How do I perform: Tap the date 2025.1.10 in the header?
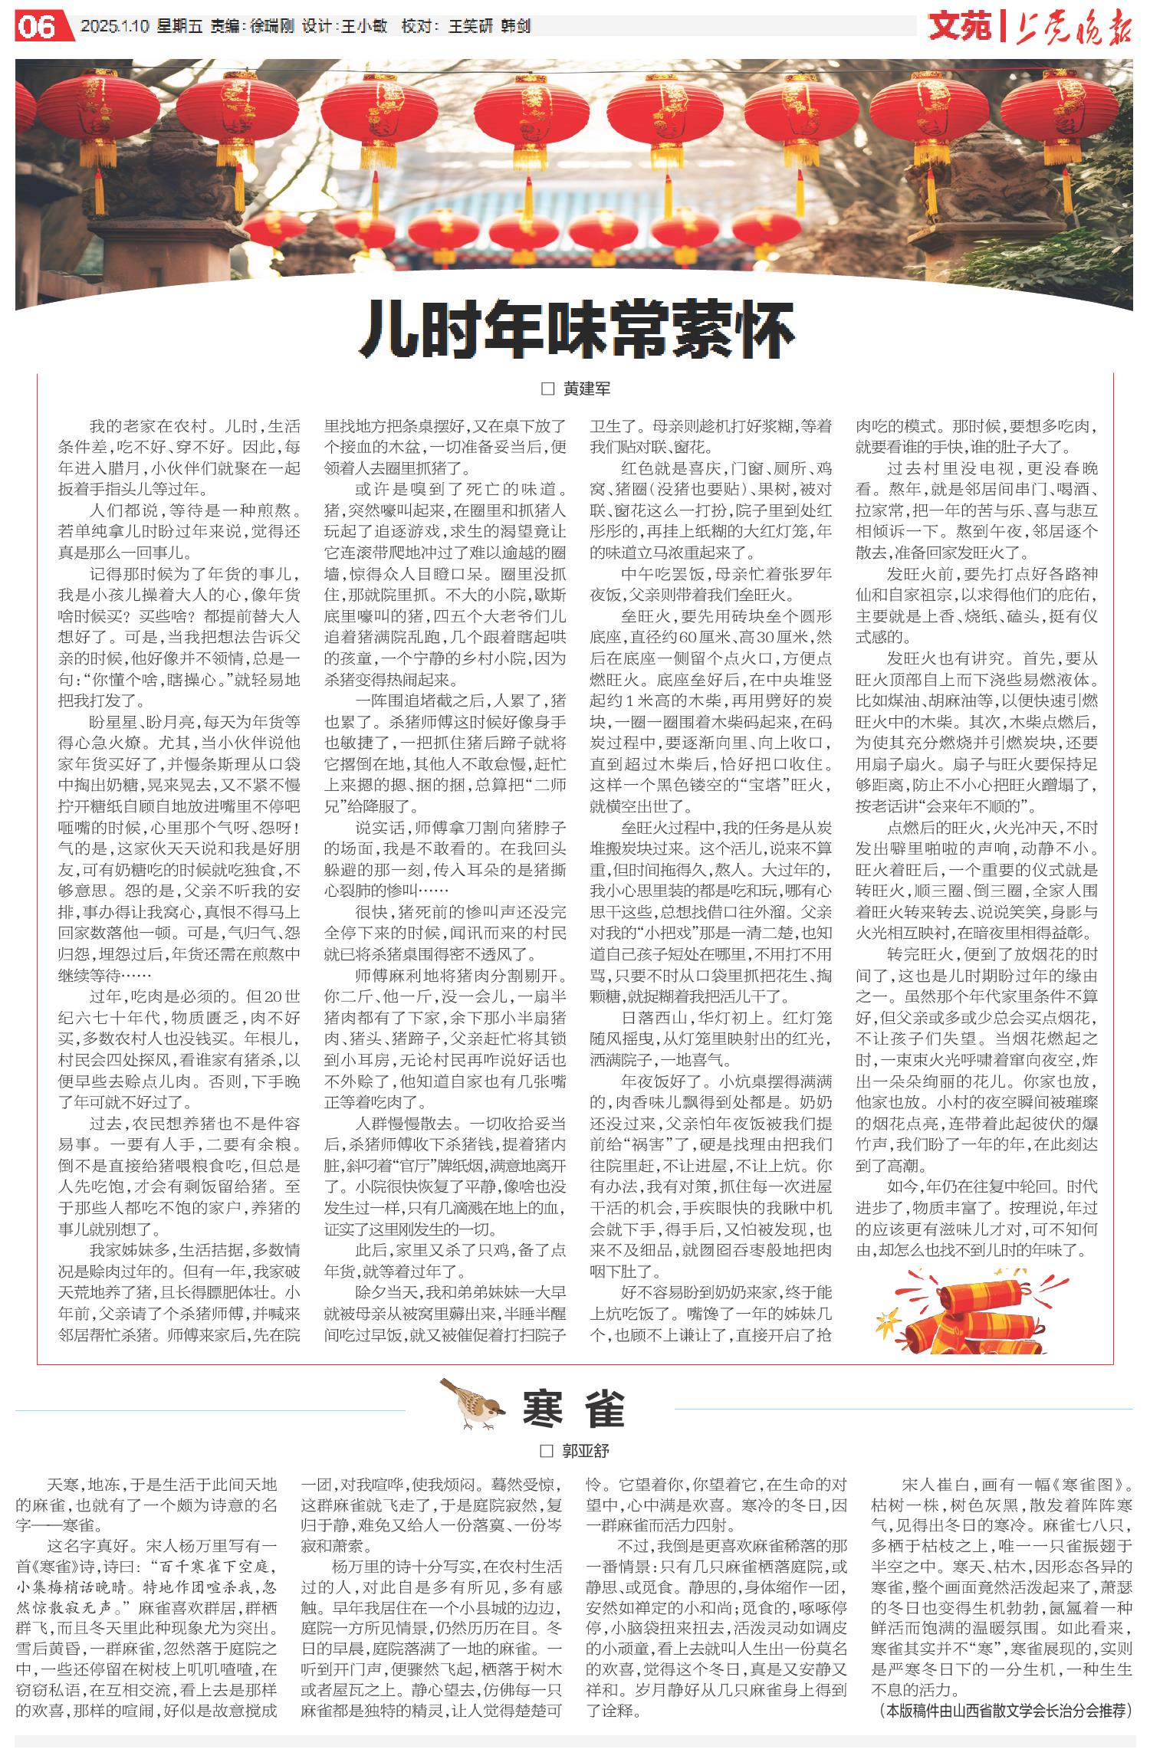point(114,27)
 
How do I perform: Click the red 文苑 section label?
point(960,27)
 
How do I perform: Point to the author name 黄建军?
point(587,389)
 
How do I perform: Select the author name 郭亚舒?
point(586,1451)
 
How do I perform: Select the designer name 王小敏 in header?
point(364,27)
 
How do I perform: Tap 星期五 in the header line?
point(179,27)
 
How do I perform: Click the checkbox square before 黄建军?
point(547,389)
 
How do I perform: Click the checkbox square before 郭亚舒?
point(547,1451)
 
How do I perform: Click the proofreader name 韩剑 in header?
point(516,27)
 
